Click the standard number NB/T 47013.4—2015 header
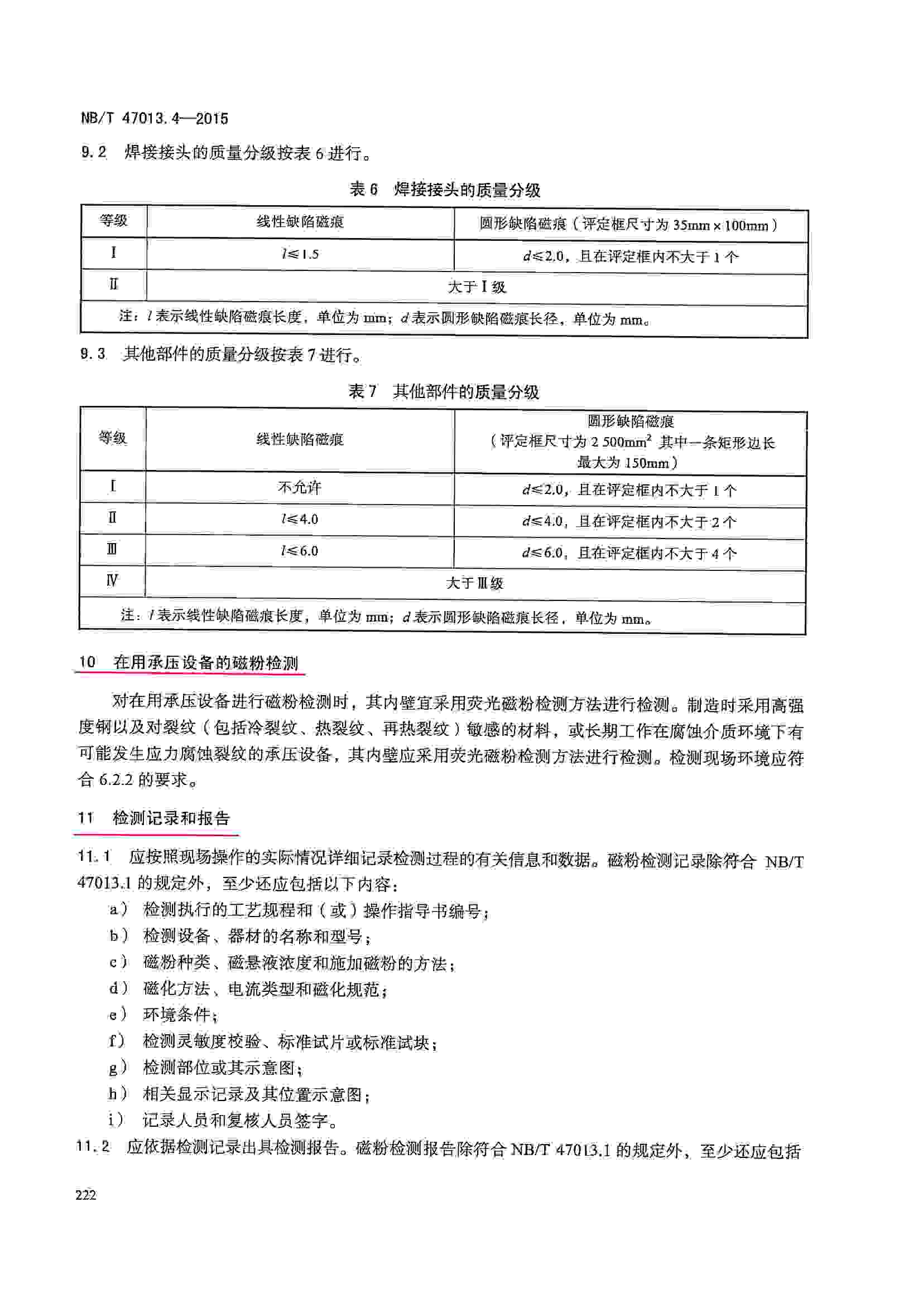155,118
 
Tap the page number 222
86,1195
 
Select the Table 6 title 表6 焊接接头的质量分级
444,189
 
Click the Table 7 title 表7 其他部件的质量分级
443,391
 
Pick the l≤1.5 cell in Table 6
300,254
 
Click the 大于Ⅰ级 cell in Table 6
476,286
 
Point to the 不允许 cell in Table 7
300,487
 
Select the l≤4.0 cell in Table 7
300,519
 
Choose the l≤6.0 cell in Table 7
300,551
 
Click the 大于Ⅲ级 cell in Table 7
474,583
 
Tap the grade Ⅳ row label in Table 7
113,580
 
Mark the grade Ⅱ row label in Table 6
114,284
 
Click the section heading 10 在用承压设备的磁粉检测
189,662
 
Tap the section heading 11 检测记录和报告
154,818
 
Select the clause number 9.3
93,355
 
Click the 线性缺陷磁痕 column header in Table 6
300,221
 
